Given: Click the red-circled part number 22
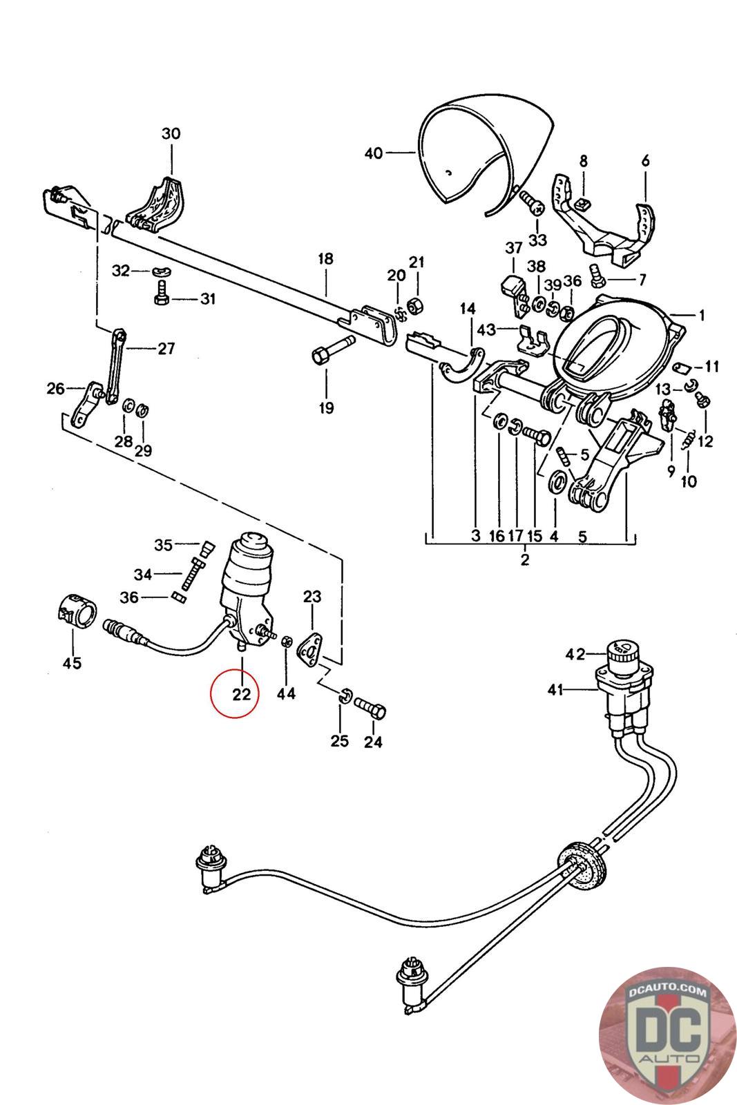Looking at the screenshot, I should coord(240,693).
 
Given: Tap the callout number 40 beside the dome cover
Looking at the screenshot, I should coord(373,153).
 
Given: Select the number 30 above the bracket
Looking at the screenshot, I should coord(171,133).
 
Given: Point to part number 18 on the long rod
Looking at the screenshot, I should coord(325,259).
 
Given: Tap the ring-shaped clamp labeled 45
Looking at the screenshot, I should coord(75,610).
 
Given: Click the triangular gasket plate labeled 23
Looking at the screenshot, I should coord(309,648).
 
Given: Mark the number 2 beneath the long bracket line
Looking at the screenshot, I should coord(525,559).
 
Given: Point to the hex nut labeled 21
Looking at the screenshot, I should coord(416,305).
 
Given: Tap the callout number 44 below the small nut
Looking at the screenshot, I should coord(286,693).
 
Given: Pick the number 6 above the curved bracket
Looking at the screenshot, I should coord(645,161).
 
